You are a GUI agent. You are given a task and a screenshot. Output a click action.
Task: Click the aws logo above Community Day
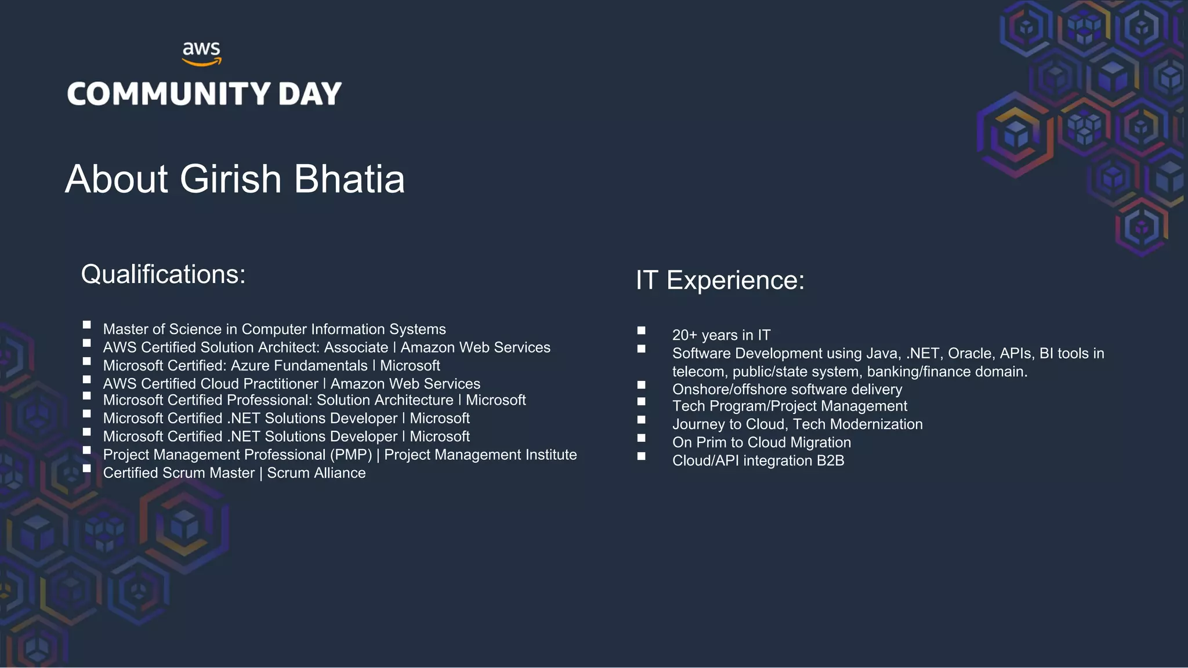tap(201, 53)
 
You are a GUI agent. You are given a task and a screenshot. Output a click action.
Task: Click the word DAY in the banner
tap(310, 94)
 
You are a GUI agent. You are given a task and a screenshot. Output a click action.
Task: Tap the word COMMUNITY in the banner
tap(169, 94)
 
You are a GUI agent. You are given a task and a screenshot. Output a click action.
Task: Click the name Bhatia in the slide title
tap(349, 179)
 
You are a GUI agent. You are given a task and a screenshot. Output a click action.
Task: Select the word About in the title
tap(117, 179)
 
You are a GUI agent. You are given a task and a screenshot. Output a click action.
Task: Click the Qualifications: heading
tap(163, 274)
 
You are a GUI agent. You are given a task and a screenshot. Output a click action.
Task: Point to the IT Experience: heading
tap(720, 280)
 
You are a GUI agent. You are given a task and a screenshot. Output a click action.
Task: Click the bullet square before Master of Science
tap(87, 325)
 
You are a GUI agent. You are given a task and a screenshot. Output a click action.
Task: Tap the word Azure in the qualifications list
tap(249, 366)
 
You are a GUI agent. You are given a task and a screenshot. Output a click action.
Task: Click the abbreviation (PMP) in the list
tap(350, 455)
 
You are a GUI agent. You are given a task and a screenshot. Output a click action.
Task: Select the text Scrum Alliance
tap(316, 473)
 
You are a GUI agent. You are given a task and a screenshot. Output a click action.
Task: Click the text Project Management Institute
tap(480, 455)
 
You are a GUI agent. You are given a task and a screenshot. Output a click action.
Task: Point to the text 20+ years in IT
tap(721, 335)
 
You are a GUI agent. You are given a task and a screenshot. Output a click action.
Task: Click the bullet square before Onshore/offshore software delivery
tap(641, 385)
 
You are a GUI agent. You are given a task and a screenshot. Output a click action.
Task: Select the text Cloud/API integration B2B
tap(758, 461)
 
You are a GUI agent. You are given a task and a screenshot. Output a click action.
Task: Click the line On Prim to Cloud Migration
tap(761, 442)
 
